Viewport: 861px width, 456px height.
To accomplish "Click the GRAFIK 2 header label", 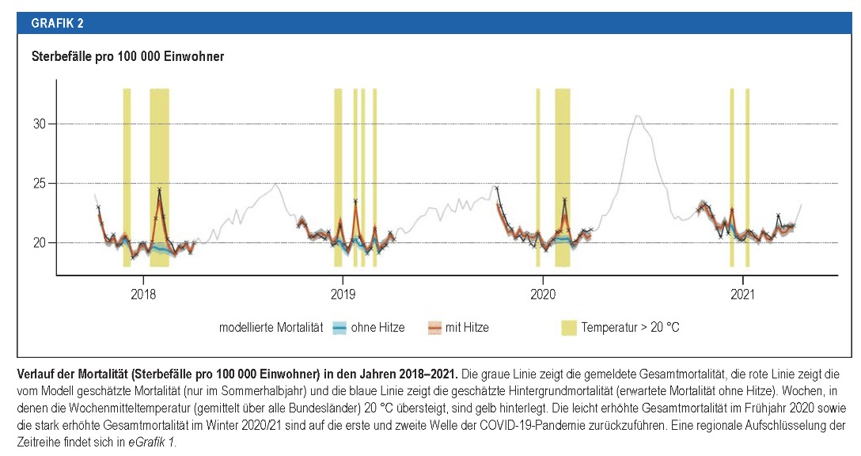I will point(57,23).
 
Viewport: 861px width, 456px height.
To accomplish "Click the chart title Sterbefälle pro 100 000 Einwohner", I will point(127,57).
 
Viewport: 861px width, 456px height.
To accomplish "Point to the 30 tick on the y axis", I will point(40,123).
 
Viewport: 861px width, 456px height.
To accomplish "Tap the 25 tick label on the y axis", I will point(40,183).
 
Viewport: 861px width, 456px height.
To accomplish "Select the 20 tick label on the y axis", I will point(40,242).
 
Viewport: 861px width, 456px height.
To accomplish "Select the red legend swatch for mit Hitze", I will point(434,327).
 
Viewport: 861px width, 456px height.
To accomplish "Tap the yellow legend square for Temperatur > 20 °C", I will point(567,327).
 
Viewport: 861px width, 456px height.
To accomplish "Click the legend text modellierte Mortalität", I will point(271,327).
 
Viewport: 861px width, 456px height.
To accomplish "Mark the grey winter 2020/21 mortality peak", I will point(637,116).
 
